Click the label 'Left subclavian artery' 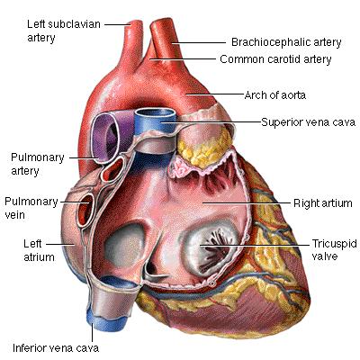point(64,31)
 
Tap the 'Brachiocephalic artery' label point(286,42)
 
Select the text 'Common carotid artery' point(275,59)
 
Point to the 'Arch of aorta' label point(275,95)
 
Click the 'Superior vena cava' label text point(308,122)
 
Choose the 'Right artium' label point(323,203)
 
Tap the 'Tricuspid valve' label point(335,249)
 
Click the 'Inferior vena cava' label point(56,348)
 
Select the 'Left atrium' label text point(39,250)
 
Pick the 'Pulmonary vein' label point(31,208)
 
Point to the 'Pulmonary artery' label point(38,164)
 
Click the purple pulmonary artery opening point(105,137)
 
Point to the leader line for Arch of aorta point(215,94)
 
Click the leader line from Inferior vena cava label point(93,332)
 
